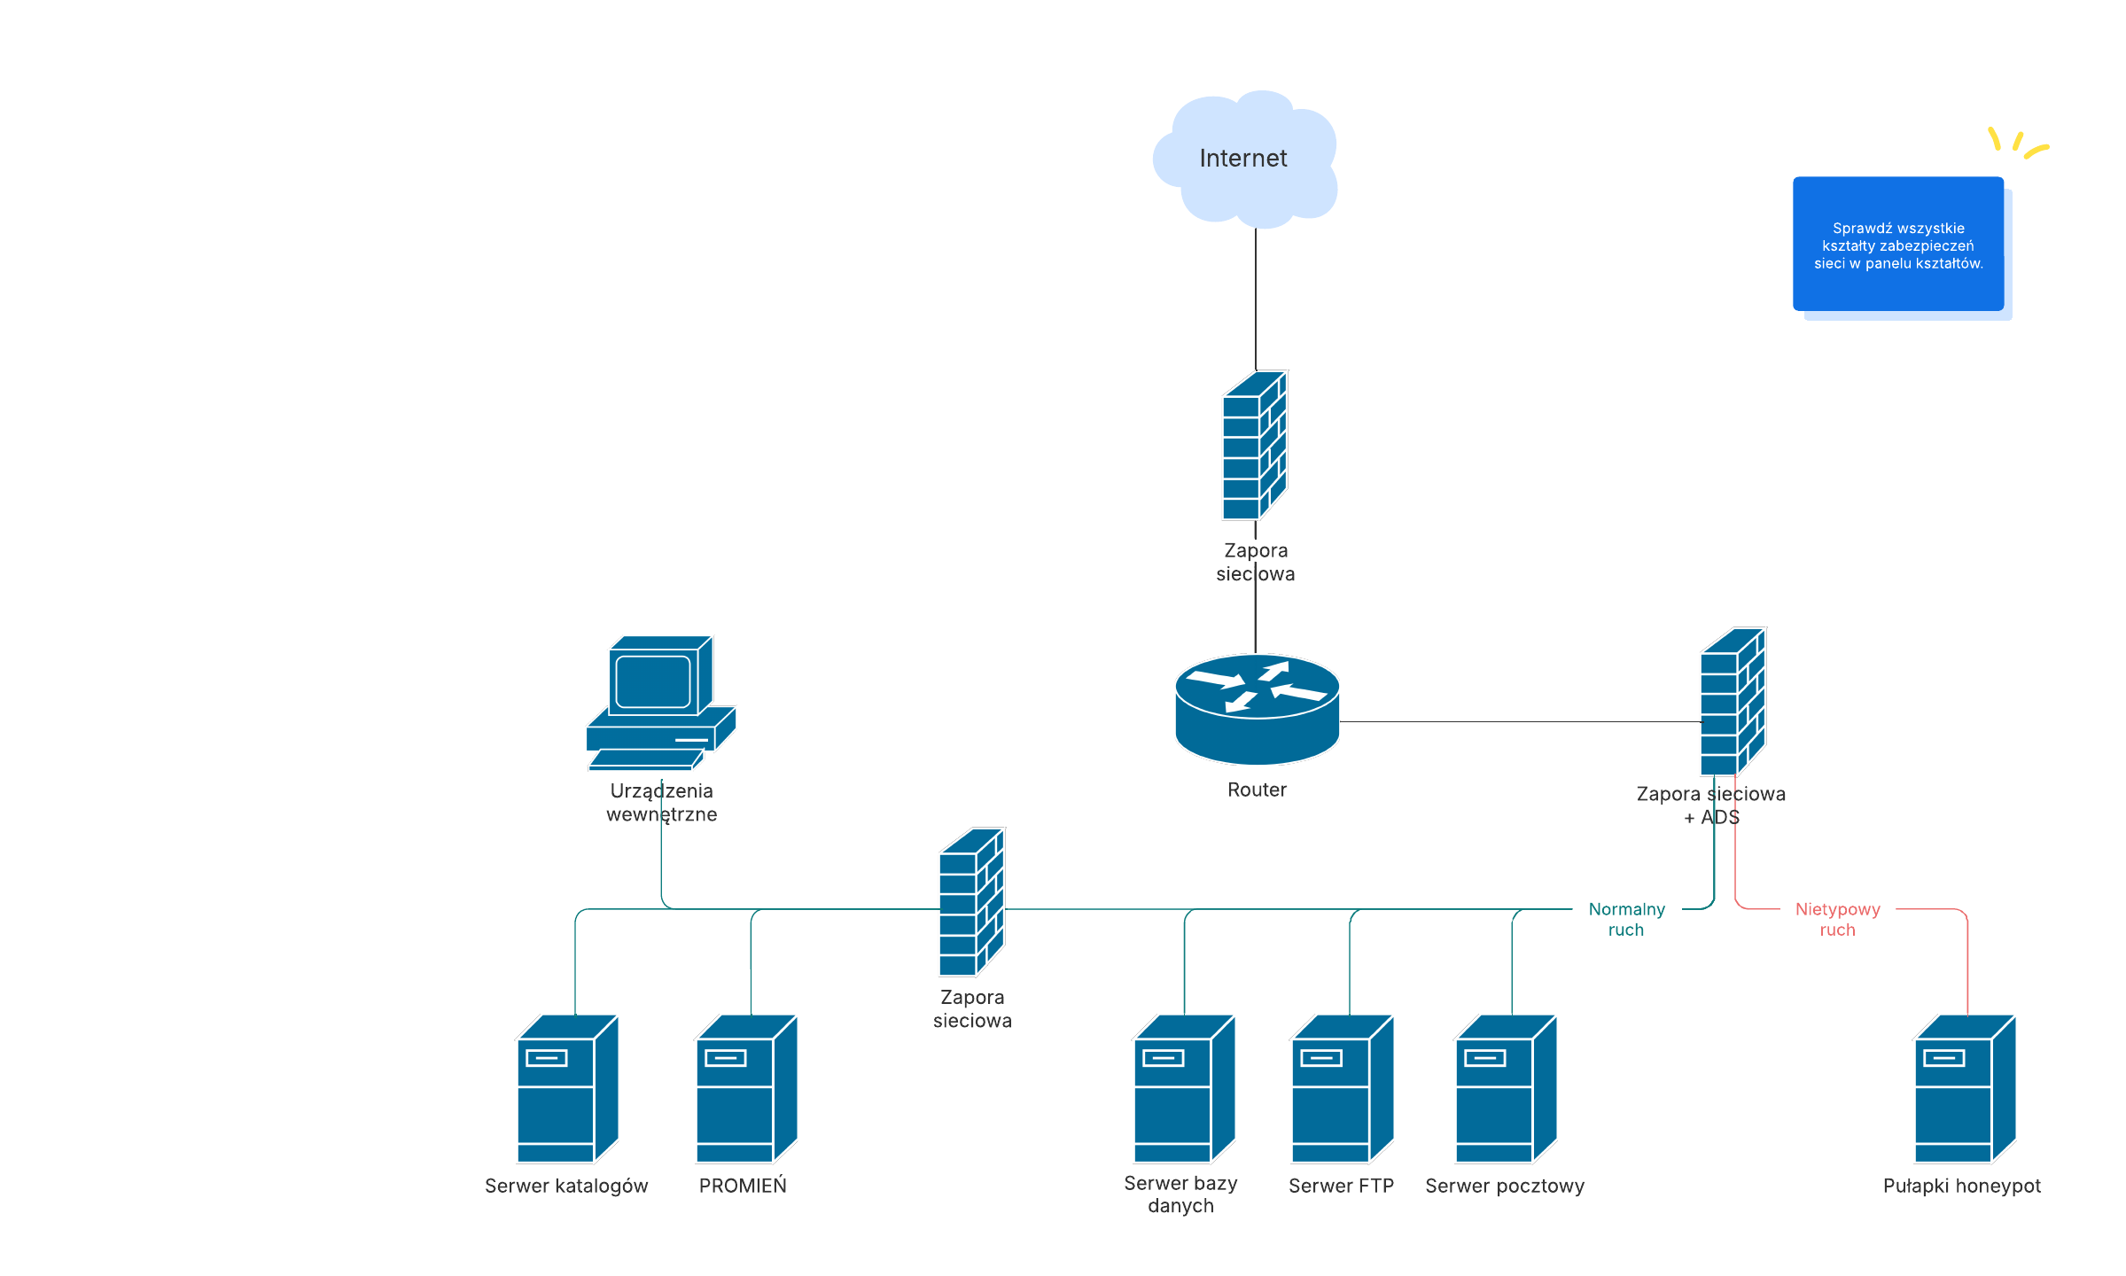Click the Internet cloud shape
[1245, 159]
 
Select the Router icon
[1257, 709]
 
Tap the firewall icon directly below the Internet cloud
[1255, 445]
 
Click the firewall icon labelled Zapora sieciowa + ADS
[1733, 702]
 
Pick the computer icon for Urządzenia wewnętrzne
[661, 703]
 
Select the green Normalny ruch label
[1626, 919]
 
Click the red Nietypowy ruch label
[1837, 919]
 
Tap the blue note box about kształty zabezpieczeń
[1898, 245]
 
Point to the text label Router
[1257, 790]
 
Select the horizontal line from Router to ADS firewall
[1519, 722]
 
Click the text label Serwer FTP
[1341, 1186]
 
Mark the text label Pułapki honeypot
[1961, 1186]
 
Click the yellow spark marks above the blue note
[2017, 142]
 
